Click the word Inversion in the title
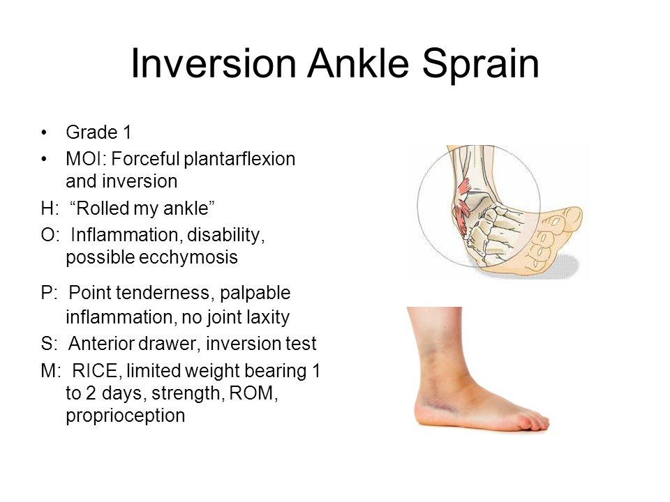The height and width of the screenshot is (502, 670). click(214, 63)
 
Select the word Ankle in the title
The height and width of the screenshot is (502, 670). click(358, 63)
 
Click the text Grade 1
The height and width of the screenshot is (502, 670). click(98, 132)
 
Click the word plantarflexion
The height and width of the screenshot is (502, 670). click(239, 160)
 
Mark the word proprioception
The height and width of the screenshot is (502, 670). click(125, 416)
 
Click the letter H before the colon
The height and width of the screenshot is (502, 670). click(47, 208)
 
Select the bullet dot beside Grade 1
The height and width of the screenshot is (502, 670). click(43, 132)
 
